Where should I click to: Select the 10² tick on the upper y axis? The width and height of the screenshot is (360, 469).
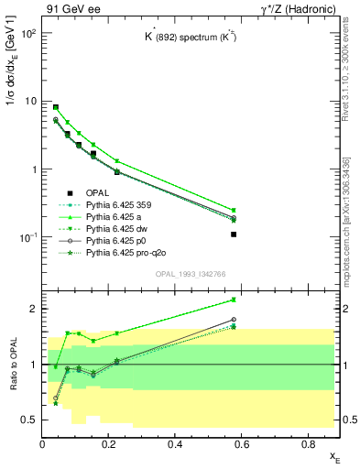[x=29, y=34]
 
